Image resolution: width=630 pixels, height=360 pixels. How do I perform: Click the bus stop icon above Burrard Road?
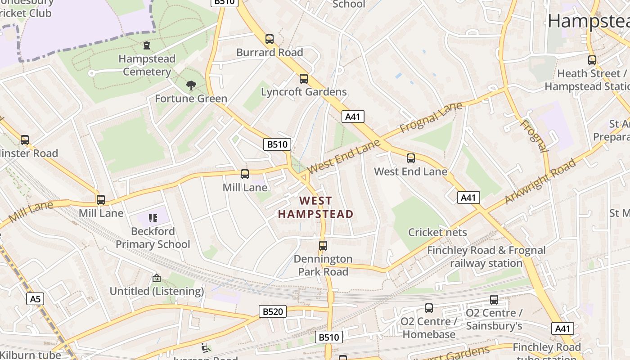pyautogui.click(x=270, y=39)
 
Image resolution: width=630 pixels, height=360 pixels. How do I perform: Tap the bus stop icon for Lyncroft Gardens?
pyautogui.click(x=304, y=79)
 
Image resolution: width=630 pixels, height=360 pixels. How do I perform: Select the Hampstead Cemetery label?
pyautogui.click(x=147, y=65)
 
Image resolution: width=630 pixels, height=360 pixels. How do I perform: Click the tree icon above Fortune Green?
pyautogui.click(x=191, y=85)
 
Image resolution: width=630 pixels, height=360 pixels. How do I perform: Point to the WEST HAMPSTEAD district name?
pyautogui.click(x=315, y=207)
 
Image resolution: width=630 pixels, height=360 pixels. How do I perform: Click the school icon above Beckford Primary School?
pyautogui.click(x=153, y=218)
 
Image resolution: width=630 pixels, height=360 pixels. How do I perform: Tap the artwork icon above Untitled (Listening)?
pyautogui.click(x=157, y=278)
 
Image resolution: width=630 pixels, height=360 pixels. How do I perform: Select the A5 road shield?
pyautogui.click(x=35, y=299)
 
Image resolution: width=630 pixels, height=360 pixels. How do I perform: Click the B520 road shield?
pyautogui.click(x=273, y=311)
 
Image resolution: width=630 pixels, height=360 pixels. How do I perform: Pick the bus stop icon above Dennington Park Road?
pyautogui.click(x=323, y=246)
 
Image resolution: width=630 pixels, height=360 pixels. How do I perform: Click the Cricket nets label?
pyautogui.click(x=437, y=232)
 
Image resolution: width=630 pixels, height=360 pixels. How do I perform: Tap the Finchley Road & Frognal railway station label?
pyautogui.click(x=486, y=256)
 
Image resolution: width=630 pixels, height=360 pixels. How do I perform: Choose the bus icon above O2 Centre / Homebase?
pyautogui.click(x=429, y=308)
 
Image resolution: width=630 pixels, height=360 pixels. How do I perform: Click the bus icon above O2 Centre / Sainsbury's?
pyautogui.click(x=494, y=300)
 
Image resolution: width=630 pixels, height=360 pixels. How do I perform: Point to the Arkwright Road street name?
pyautogui.click(x=540, y=181)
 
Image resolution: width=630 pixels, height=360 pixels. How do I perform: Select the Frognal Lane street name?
pyautogui.click(x=431, y=117)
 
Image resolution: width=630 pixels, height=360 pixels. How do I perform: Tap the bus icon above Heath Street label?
pyautogui.click(x=592, y=60)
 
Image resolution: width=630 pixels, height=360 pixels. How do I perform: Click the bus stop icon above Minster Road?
pyautogui.click(x=25, y=140)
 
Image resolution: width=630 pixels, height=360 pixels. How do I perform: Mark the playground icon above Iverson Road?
pyautogui.click(x=205, y=347)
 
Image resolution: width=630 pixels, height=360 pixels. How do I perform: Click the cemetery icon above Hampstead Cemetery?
pyautogui.click(x=147, y=45)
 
